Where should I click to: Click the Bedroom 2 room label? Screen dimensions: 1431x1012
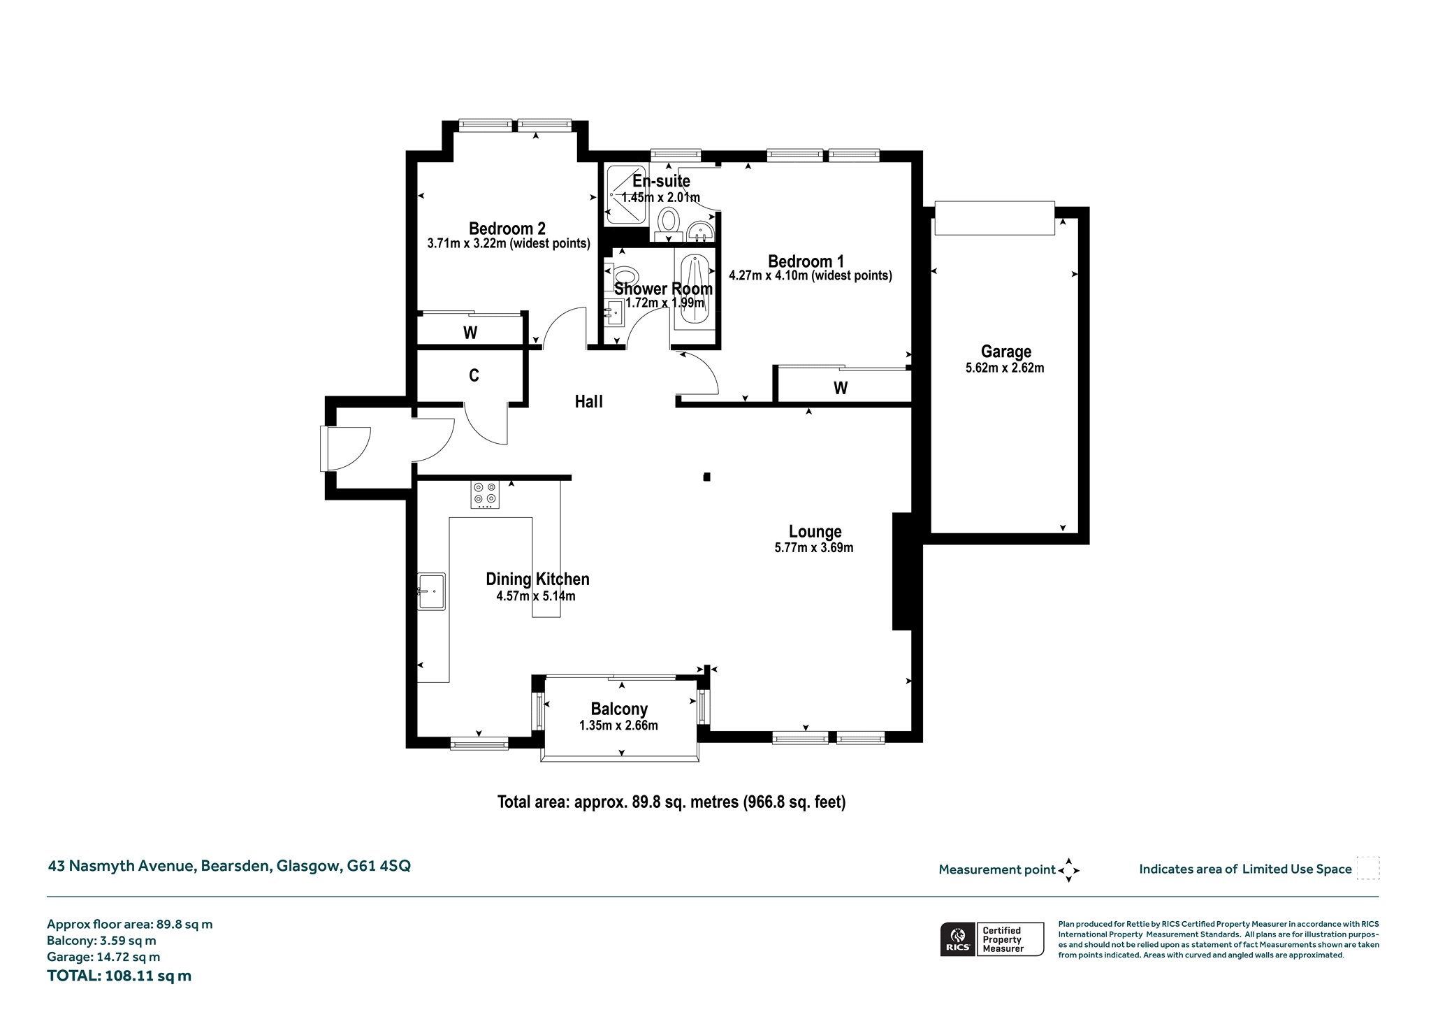pyautogui.click(x=507, y=229)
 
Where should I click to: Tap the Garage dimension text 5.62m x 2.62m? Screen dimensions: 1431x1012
pyautogui.click(x=1005, y=368)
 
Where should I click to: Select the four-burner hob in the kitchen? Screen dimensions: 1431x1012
pyautogui.click(x=485, y=494)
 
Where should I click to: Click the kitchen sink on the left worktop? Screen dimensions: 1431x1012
pyautogui.click(x=432, y=591)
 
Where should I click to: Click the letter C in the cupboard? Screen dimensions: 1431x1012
pyautogui.click(x=474, y=375)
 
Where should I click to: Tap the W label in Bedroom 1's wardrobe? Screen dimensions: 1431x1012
pyautogui.click(x=841, y=388)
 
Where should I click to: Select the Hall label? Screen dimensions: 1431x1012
pyautogui.click(x=588, y=402)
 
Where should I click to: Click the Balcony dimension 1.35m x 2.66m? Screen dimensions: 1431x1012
pyautogui.click(x=618, y=725)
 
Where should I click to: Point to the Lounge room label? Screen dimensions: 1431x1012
pyautogui.click(x=815, y=532)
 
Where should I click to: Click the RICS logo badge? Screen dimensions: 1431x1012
pyautogui.click(x=957, y=939)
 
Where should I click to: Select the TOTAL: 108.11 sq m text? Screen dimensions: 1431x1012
pyautogui.click(x=119, y=976)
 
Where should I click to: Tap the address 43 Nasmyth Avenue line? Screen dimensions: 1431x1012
pyautogui.click(x=229, y=866)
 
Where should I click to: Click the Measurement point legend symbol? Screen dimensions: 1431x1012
pyautogui.click(x=1068, y=870)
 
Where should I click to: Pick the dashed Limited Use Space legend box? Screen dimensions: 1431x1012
pyautogui.click(x=1367, y=868)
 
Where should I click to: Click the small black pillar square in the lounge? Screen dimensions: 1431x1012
pyautogui.click(x=707, y=477)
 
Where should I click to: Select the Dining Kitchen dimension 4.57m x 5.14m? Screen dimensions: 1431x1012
pyautogui.click(x=536, y=596)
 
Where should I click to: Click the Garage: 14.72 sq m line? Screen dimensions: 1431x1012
pyautogui.click(x=103, y=957)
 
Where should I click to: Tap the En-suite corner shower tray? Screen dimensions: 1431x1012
pyautogui.click(x=627, y=195)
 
